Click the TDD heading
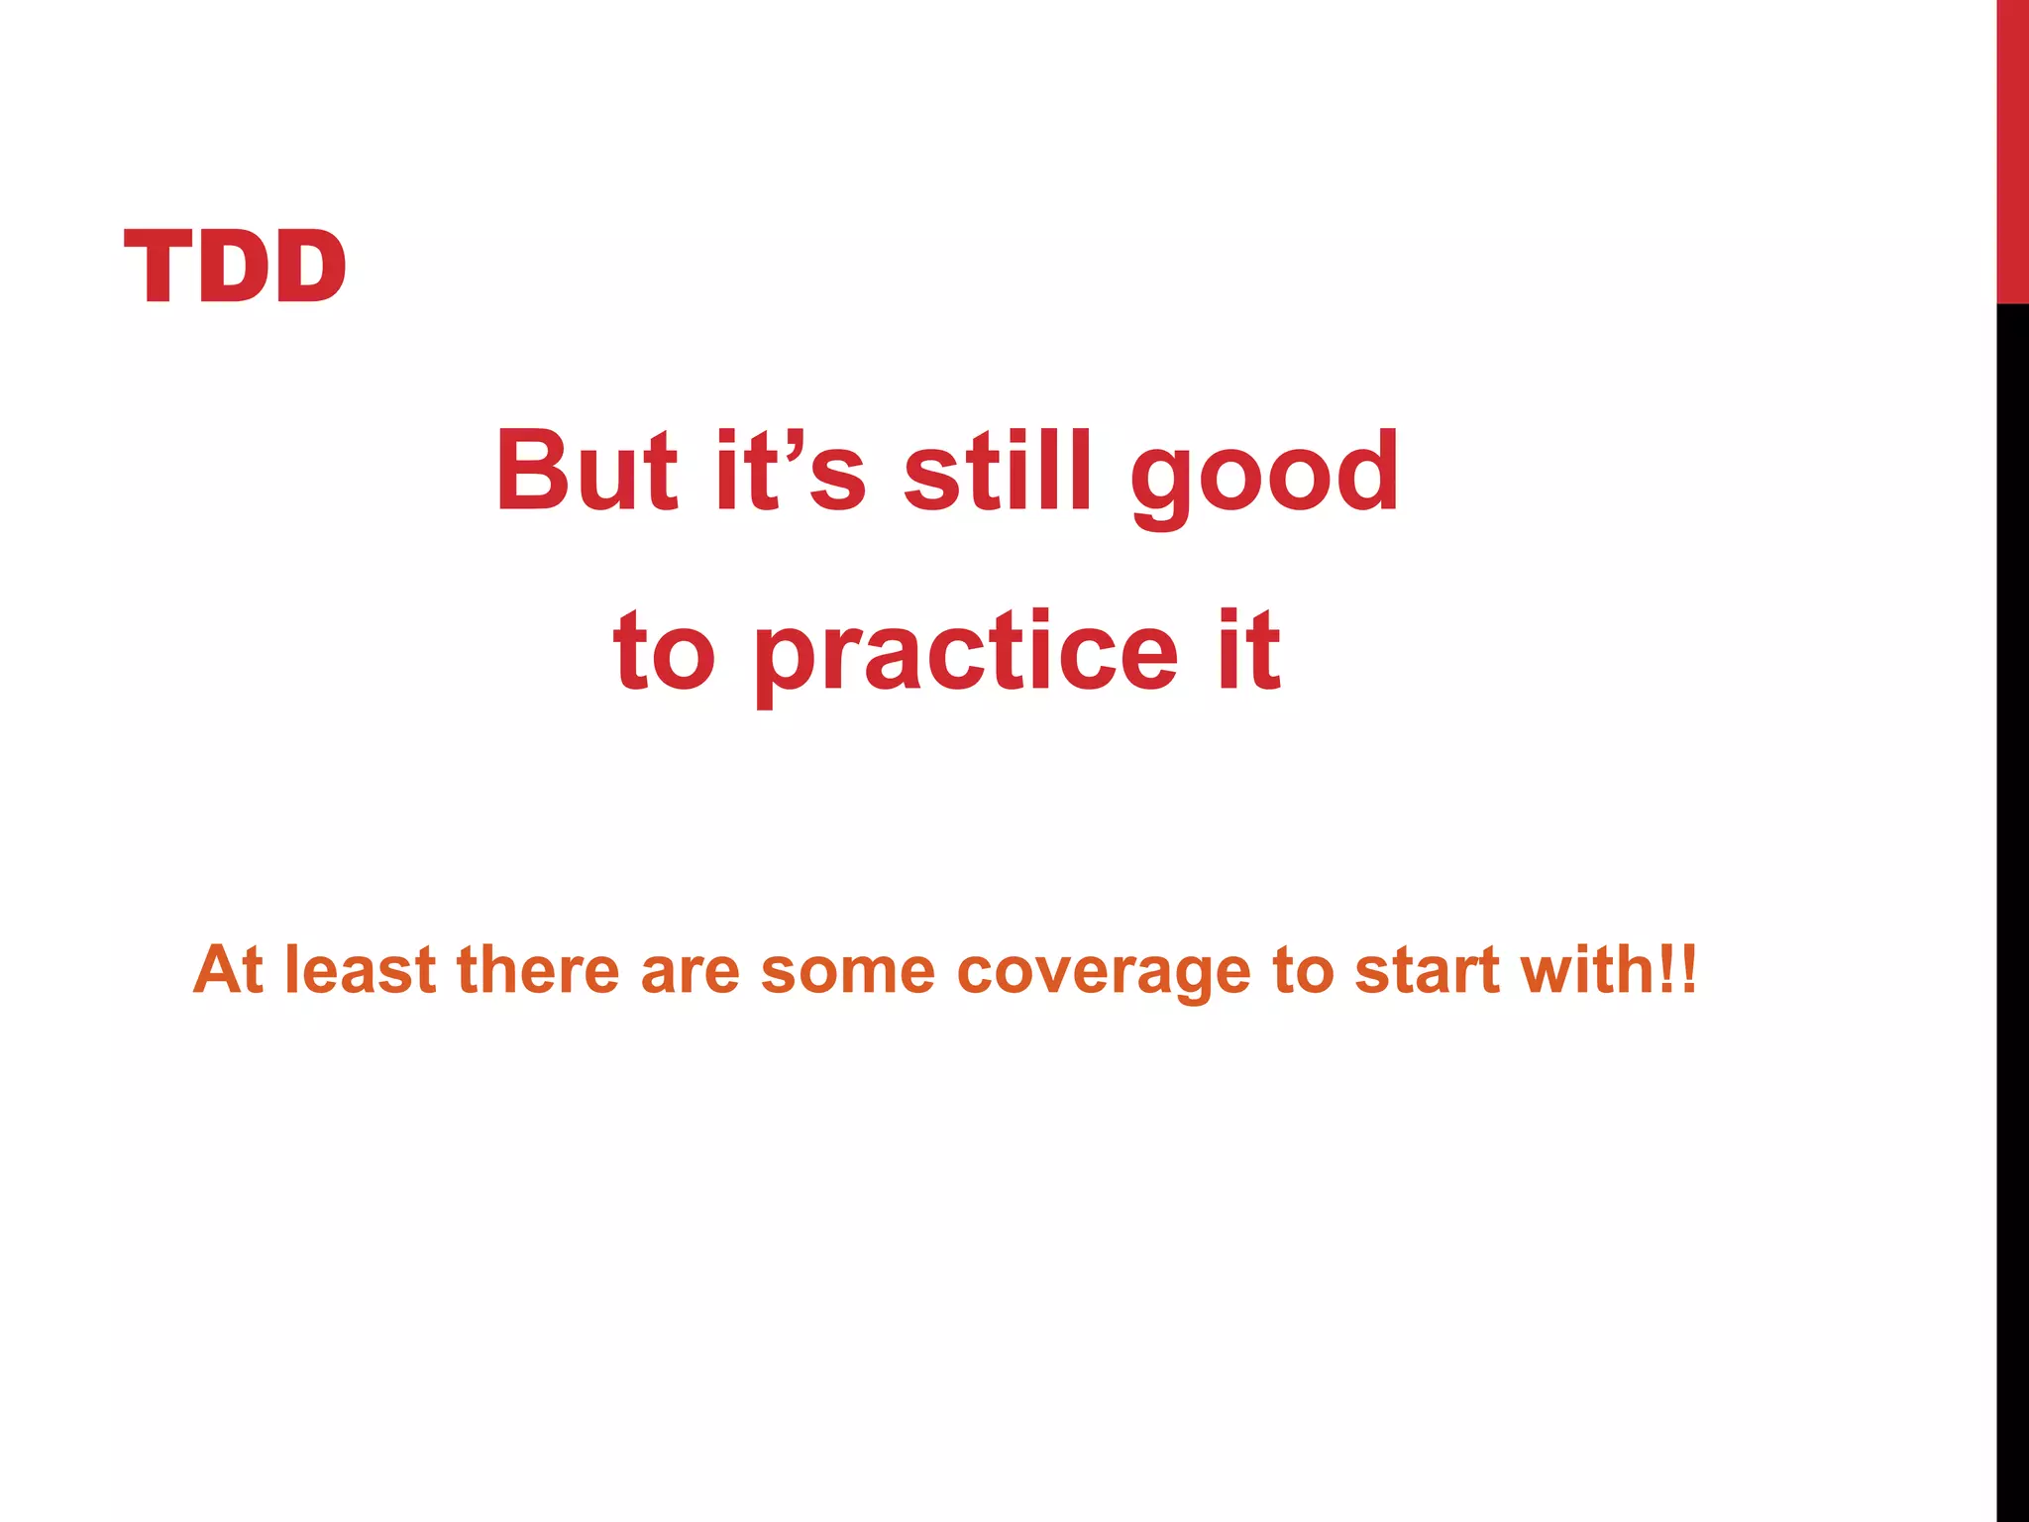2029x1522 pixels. tap(235, 266)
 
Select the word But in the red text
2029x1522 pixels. tap(587, 472)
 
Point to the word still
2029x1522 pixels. tap(998, 472)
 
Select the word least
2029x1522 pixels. tap(360, 969)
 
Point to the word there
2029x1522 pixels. tap(538, 969)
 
